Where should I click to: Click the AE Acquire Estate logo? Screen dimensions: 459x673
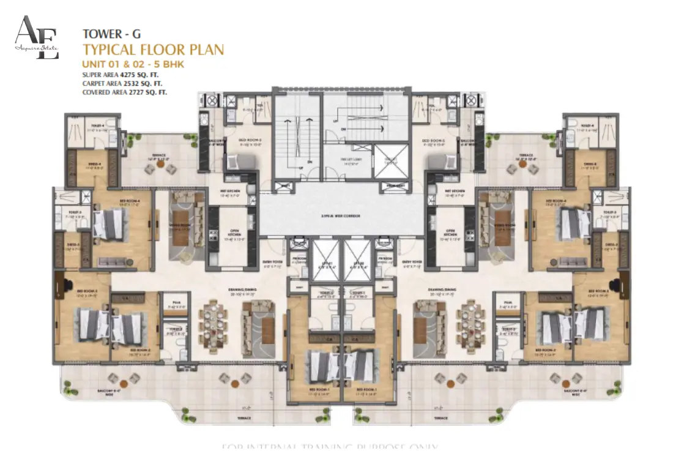[37, 38]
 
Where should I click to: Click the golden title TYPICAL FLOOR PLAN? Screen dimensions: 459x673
[153, 50]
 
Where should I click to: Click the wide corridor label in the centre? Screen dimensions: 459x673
[341, 217]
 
